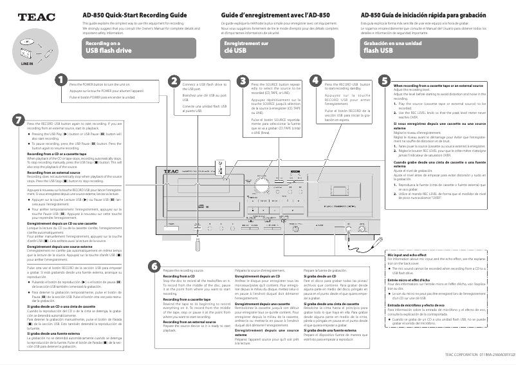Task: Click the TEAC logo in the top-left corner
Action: [32, 18]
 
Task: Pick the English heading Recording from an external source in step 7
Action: [54, 171]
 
